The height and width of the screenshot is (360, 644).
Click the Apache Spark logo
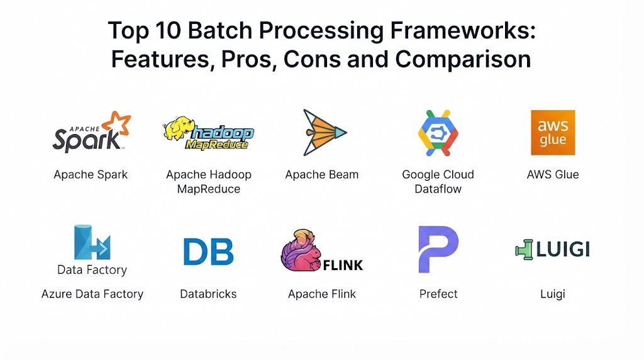[92, 132]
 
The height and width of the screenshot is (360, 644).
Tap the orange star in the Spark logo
[116, 124]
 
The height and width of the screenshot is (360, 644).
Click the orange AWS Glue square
[553, 132]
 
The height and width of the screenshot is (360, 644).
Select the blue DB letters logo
[209, 252]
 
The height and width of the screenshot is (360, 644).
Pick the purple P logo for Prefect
[438, 249]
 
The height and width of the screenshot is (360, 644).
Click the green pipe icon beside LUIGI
[524, 249]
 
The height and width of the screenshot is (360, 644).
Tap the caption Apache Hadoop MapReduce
[209, 182]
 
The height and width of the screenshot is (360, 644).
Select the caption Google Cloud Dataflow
[438, 182]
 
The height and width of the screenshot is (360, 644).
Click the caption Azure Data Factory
[92, 294]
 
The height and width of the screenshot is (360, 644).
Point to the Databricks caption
[208, 294]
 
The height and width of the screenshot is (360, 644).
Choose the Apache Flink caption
[322, 294]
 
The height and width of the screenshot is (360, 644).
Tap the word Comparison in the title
[463, 59]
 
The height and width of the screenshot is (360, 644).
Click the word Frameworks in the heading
[463, 30]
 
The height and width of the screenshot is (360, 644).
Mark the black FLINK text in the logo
[343, 266]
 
